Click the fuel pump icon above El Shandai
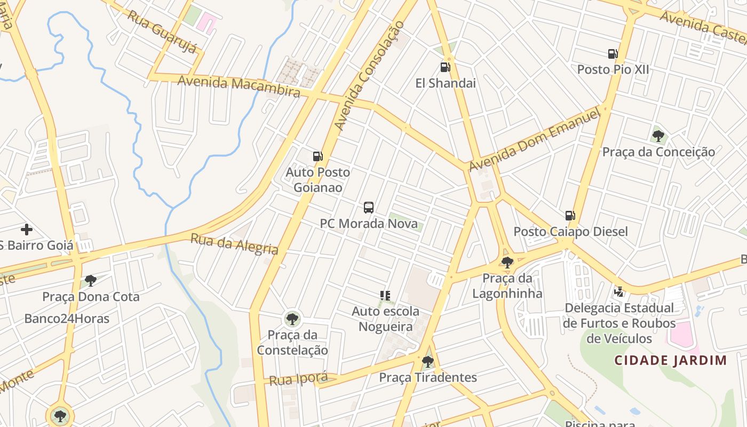click(445, 67)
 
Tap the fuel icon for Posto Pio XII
click(613, 53)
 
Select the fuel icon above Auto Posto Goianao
click(317, 156)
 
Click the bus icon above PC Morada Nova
click(369, 208)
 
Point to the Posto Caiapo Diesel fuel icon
click(570, 216)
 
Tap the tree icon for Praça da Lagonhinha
click(507, 262)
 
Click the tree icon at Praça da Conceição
click(658, 136)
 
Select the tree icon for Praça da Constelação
click(292, 319)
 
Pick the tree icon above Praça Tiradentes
click(427, 361)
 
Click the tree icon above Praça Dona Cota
click(91, 280)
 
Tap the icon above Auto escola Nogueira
click(385, 295)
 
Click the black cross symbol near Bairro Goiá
click(27, 230)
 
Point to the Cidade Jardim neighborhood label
click(670, 360)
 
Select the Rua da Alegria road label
click(234, 244)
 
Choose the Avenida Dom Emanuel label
click(535, 140)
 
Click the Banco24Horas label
click(67, 319)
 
